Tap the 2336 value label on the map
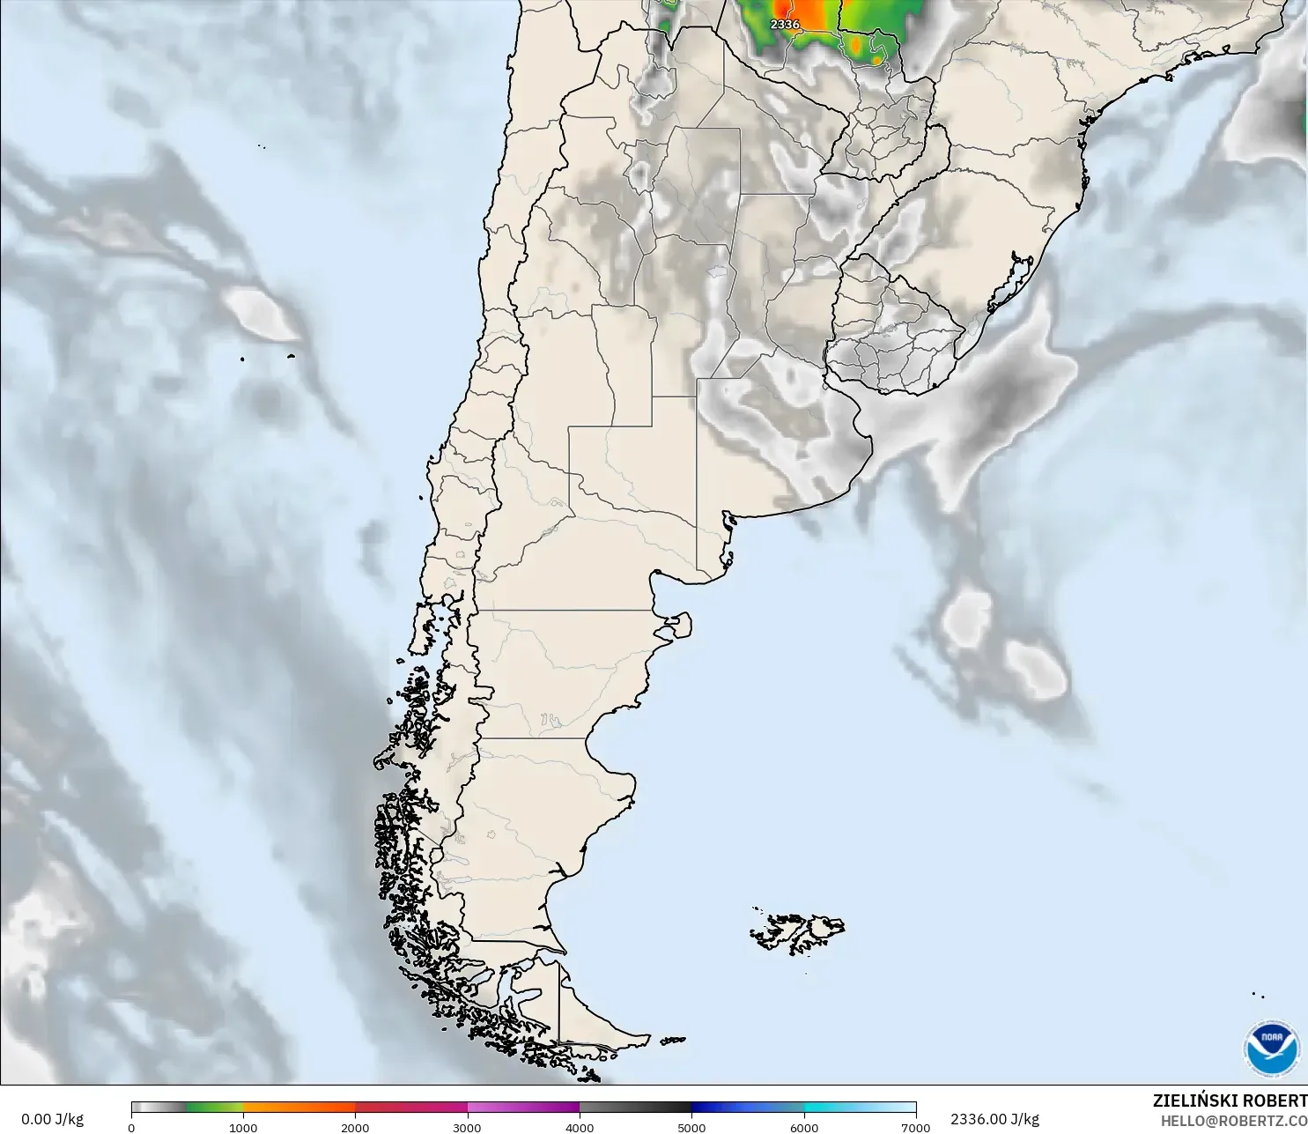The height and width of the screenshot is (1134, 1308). [x=785, y=25]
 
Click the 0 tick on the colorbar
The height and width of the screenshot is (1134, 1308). [x=131, y=1127]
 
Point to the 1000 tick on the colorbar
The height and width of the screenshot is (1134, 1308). [x=243, y=1127]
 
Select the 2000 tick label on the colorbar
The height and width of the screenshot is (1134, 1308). [x=355, y=1127]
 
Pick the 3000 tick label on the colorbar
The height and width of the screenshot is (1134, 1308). [x=467, y=1127]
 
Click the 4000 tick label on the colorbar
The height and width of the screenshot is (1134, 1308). [x=580, y=1127]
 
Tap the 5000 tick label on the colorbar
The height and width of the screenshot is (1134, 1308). [x=691, y=1127]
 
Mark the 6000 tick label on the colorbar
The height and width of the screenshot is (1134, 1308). [x=803, y=1127]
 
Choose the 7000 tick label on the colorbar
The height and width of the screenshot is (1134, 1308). [x=915, y=1127]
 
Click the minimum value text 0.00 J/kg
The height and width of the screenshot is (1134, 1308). [x=52, y=1119]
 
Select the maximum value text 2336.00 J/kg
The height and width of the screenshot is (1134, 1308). [x=994, y=1119]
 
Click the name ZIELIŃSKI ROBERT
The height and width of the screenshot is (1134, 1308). [x=1230, y=1101]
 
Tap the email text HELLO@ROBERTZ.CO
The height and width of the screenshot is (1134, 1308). [x=1233, y=1121]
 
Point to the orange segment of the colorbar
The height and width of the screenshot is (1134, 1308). [x=299, y=1108]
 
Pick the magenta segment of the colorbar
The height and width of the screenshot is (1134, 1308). [x=524, y=1108]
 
